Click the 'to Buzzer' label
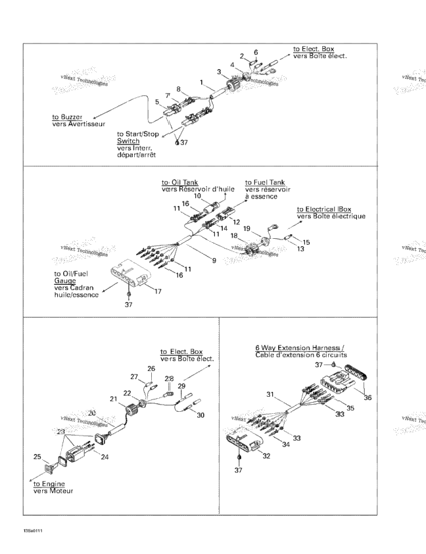click(67, 117)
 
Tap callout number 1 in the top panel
click(202, 83)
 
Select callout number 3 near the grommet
click(219, 72)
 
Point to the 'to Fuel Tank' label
click(265, 183)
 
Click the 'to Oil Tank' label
click(180, 183)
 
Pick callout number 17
click(158, 291)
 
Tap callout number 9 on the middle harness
click(214, 261)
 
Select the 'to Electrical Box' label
click(324, 209)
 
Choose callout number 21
click(113, 399)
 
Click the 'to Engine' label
click(49, 484)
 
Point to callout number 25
click(37, 457)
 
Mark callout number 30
click(201, 415)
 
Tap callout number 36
click(367, 398)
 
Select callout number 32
click(266, 456)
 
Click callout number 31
click(270, 394)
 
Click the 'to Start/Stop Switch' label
click(138, 138)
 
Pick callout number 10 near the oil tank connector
click(197, 196)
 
